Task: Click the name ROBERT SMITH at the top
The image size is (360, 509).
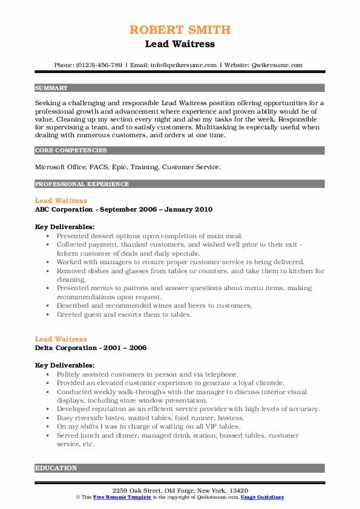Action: [x=179, y=30]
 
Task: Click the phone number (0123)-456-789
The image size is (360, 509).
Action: [x=101, y=65]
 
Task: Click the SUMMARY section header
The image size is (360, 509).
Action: [x=51, y=88]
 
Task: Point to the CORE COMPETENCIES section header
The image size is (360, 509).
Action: [x=71, y=151]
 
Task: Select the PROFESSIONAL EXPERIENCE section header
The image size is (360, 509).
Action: [x=82, y=184]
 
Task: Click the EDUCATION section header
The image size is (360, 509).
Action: [x=56, y=468]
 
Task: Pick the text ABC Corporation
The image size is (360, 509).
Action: [x=64, y=209]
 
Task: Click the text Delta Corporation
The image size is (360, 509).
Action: [x=66, y=348]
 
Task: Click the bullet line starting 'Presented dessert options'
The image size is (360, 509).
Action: [x=149, y=236]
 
